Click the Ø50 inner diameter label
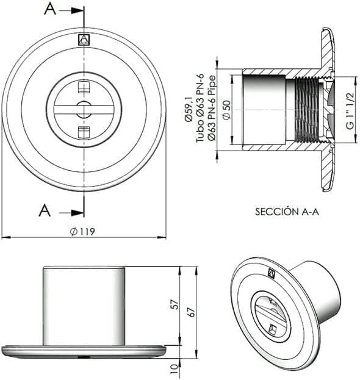226,110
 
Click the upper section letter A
51,9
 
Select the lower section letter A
45,211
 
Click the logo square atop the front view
84,40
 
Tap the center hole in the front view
84,110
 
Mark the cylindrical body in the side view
84,305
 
